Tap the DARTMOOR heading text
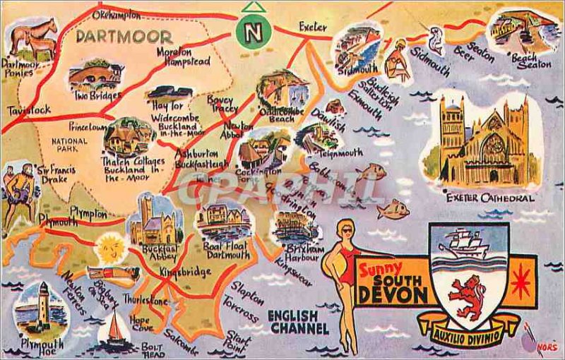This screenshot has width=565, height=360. coord(124,37)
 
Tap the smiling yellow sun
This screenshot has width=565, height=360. coord(110,248)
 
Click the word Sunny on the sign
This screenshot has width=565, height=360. coord(381,268)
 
